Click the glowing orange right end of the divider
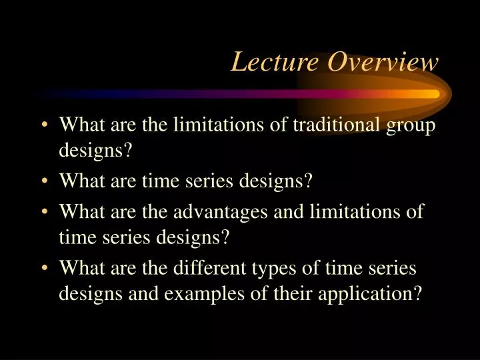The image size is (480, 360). pos(433,95)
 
